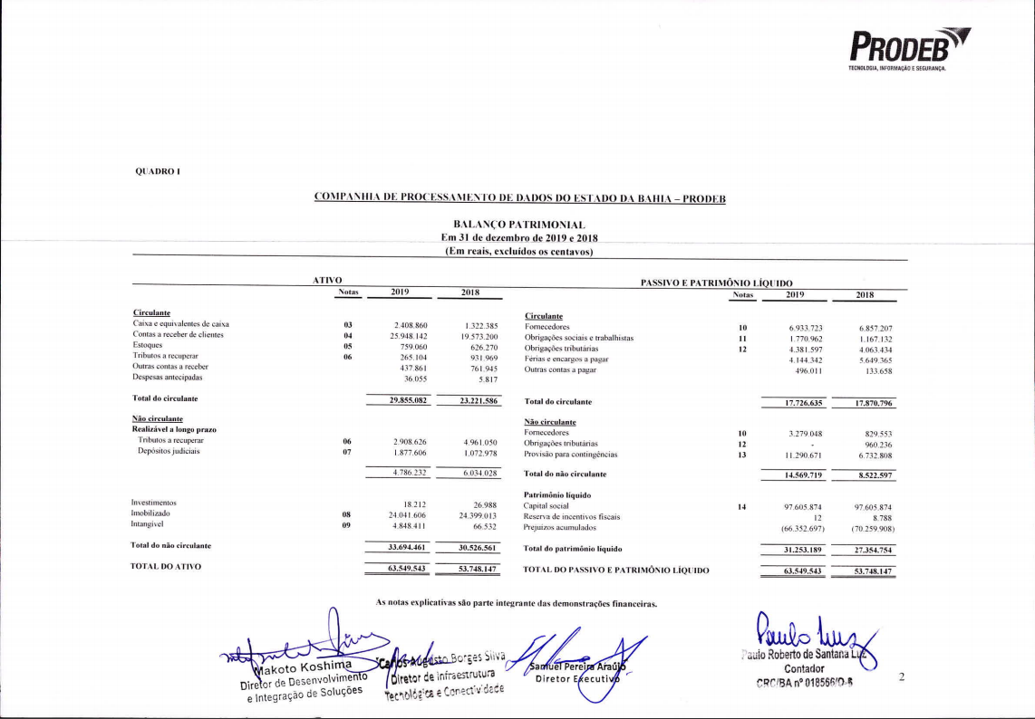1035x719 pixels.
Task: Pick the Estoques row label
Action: tap(148, 345)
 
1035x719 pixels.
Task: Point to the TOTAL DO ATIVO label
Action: tap(167, 567)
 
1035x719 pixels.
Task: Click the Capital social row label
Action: tap(547, 506)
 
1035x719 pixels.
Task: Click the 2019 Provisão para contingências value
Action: tap(797, 455)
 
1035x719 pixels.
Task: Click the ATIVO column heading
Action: tap(325, 282)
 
